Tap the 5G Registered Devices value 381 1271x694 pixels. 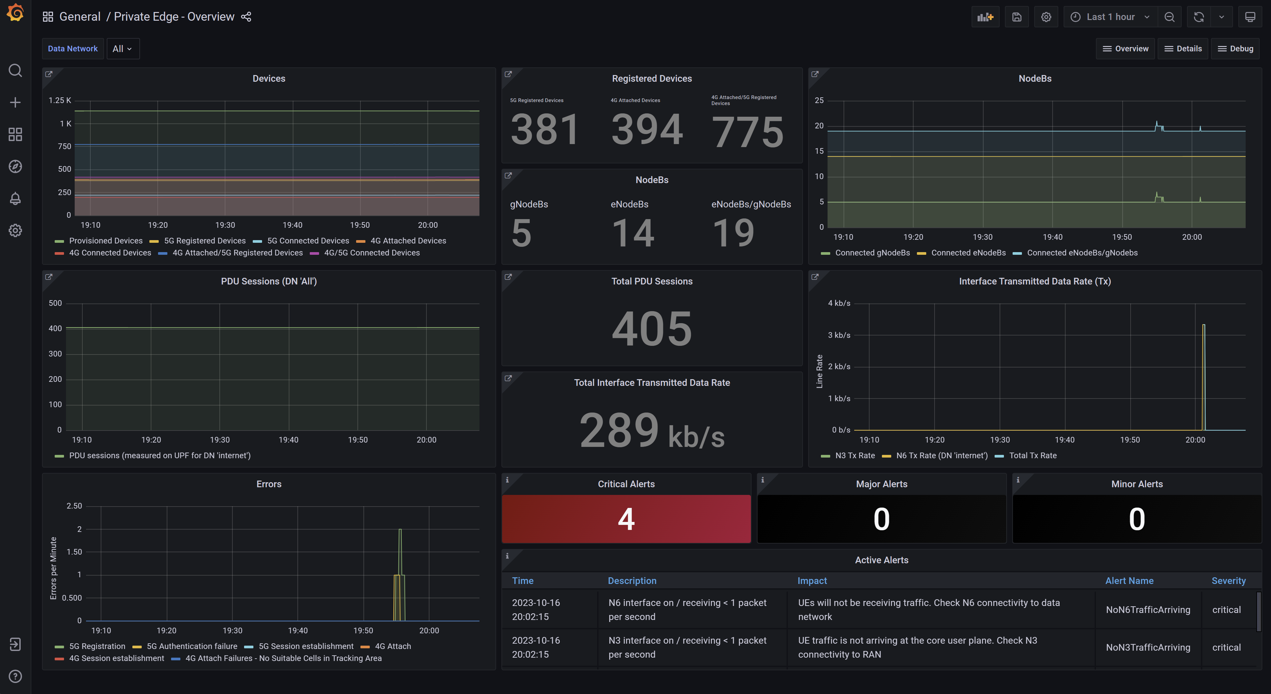[545, 129]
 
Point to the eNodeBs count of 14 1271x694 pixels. [633, 233]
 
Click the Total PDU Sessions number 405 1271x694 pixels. [652, 329]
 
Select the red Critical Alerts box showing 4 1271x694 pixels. [626, 519]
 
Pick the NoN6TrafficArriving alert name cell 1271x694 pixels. [1148, 610]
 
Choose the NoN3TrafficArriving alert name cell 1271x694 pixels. [1148, 647]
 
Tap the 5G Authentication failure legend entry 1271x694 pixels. [191, 646]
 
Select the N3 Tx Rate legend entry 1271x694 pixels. [855, 456]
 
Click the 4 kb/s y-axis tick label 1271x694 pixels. [839, 303]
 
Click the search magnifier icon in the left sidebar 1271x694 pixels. [15, 71]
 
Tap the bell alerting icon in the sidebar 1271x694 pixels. [15, 198]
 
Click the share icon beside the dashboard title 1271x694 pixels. [246, 17]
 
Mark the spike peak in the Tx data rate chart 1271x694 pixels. [1203, 325]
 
